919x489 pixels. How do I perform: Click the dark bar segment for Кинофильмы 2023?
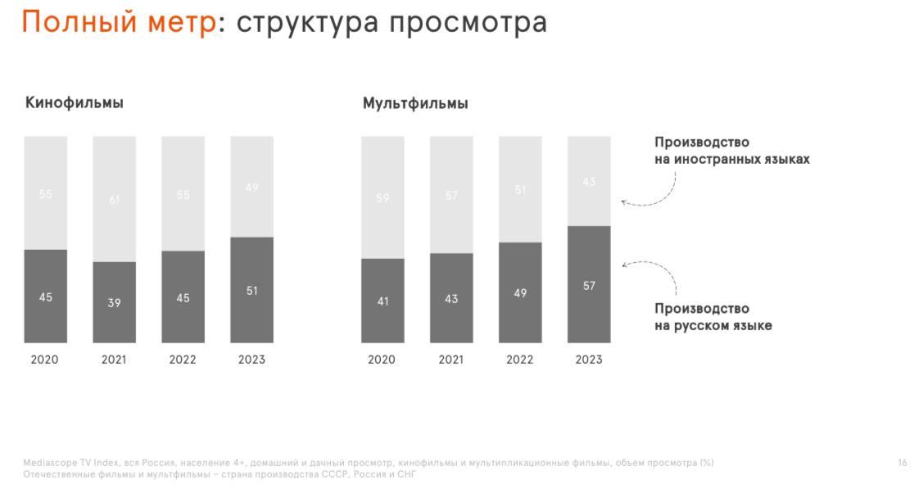(x=251, y=290)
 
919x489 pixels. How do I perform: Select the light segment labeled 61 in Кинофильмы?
(x=114, y=199)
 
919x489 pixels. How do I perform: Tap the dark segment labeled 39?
(x=114, y=302)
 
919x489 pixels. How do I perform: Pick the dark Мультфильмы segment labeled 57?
(x=589, y=284)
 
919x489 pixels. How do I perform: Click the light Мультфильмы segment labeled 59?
(x=383, y=197)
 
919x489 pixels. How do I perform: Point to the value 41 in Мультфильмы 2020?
(x=383, y=301)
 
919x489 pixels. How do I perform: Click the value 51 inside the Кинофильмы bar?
(x=252, y=291)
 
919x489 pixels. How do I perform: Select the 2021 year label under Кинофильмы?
(x=115, y=360)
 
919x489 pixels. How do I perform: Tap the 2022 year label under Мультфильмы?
(x=520, y=360)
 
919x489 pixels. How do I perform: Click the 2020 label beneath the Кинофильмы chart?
(x=45, y=360)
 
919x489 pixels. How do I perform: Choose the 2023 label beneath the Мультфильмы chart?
(x=589, y=360)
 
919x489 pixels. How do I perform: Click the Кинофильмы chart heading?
(x=75, y=103)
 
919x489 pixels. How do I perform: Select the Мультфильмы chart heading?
(x=415, y=104)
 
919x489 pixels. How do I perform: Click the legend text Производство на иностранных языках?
(x=731, y=151)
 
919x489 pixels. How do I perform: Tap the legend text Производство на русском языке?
(x=713, y=317)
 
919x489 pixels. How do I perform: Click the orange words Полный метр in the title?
(x=119, y=22)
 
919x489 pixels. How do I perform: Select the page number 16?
(x=902, y=463)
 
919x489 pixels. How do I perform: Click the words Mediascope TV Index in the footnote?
(x=70, y=463)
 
